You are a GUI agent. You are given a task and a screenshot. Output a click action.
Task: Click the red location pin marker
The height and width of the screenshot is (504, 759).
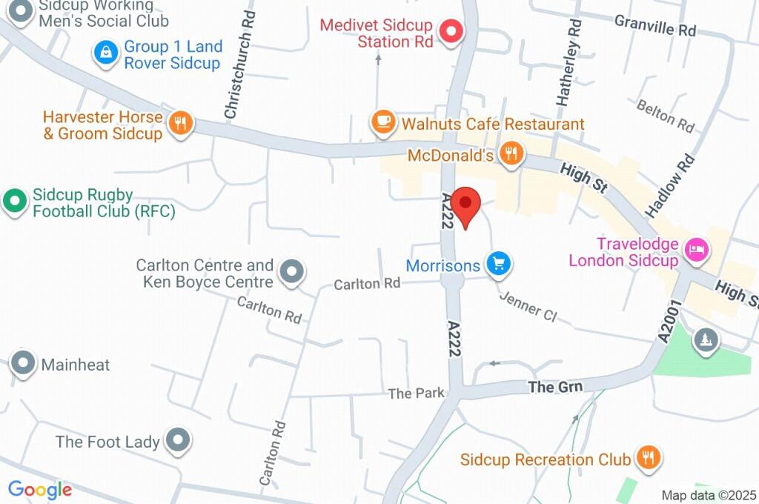coord(466,205)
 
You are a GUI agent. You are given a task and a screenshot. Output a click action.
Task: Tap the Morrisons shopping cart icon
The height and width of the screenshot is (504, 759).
coord(499,263)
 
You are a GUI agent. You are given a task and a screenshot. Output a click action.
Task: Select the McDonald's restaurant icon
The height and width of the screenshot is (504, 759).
coord(510,154)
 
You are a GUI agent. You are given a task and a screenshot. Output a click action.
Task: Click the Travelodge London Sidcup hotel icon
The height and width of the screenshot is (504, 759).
coord(697,249)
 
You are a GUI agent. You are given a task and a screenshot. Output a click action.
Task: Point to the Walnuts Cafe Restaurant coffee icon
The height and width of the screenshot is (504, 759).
coord(383,122)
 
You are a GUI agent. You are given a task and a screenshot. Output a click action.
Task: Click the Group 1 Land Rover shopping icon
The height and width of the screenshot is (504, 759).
coord(107,53)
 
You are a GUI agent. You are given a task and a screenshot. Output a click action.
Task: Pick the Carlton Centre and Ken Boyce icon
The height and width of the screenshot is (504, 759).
coord(292,272)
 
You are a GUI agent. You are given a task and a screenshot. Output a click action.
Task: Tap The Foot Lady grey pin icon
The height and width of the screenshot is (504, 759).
coord(178,440)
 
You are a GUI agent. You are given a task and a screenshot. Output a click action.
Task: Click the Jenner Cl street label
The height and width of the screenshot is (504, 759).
coord(528,305)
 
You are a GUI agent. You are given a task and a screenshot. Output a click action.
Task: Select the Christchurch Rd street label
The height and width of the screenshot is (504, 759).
coord(240,65)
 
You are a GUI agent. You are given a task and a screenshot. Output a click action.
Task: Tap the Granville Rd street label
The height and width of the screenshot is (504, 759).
coord(655,26)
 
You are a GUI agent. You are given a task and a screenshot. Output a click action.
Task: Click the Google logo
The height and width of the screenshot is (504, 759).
coord(39,489)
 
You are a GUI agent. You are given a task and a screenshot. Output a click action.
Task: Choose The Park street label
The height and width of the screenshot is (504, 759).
coord(416,393)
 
